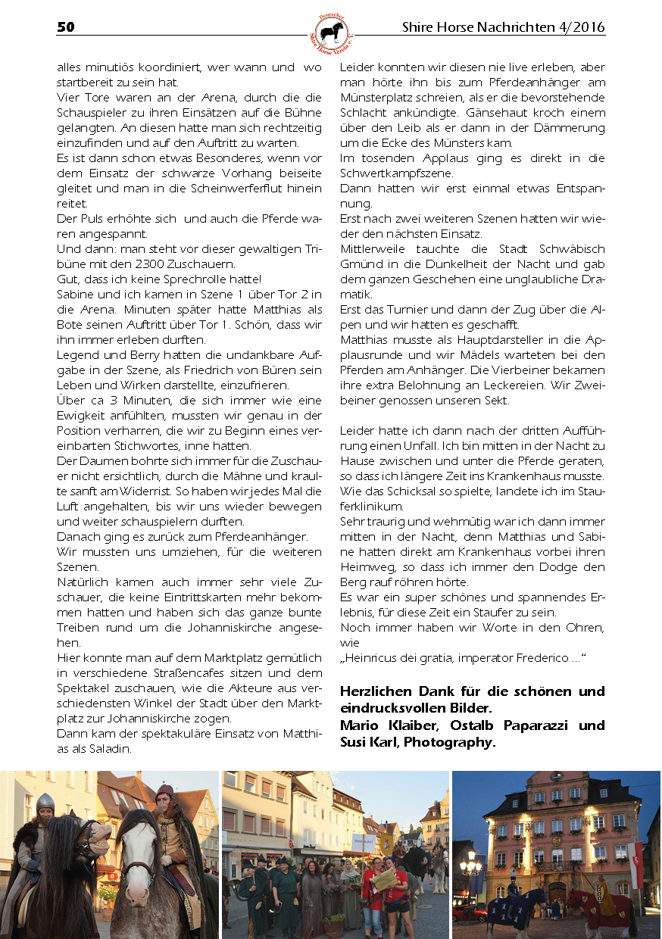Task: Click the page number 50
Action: click(66, 28)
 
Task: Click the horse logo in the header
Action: click(331, 33)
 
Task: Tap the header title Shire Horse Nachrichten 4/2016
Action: click(504, 28)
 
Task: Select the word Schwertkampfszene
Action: click(396, 173)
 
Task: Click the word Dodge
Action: click(565, 567)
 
